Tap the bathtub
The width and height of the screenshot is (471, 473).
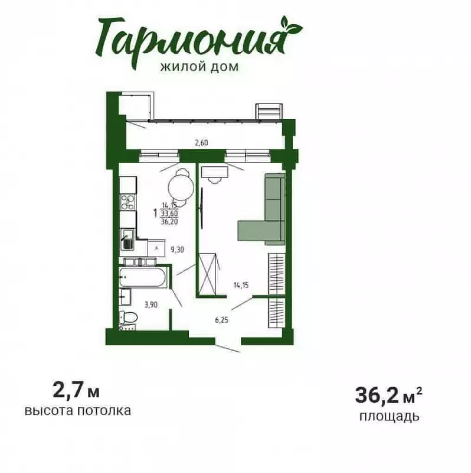[x=142, y=277]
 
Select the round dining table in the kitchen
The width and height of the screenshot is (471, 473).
[x=181, y=188]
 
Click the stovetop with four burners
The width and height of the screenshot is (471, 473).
[x=127, y=202]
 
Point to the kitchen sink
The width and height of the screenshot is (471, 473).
[x=128, y=239]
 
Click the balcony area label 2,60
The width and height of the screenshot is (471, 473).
[x=201, y=142]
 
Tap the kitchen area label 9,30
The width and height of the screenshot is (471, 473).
[x=177, y=250]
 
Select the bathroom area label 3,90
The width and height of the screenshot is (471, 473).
[x=151, y=304]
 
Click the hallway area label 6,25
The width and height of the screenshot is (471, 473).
[x=221, y=320]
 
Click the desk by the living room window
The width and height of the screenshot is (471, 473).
[x=215, y=172]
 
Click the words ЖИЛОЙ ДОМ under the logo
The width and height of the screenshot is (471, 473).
[x=199, y=67]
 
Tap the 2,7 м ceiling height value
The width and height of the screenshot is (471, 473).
[x=76, y=391]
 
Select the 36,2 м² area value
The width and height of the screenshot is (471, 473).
[x=388, y=395]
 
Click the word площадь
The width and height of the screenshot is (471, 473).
[x=390, y=416]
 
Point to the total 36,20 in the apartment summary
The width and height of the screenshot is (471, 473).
[x=169, y=222]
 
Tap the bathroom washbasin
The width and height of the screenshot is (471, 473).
[x=125, y=297]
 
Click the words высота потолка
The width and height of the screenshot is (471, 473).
[x=78, y=410]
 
